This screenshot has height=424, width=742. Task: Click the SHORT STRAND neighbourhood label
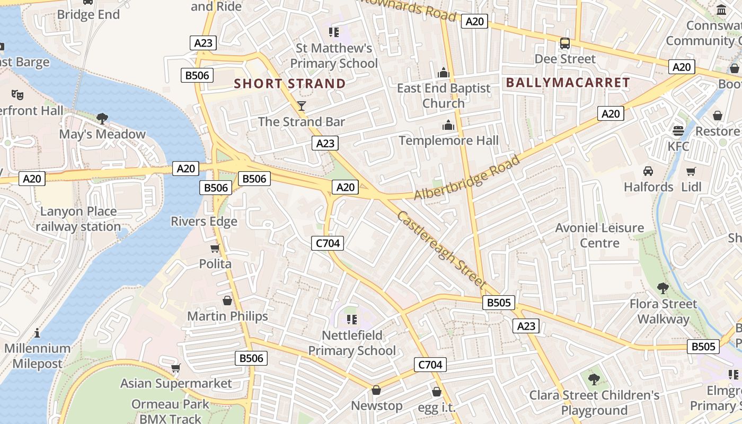coord(290,84)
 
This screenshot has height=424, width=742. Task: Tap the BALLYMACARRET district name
coord(568,83)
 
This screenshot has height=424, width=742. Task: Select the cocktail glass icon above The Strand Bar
coord(302,106)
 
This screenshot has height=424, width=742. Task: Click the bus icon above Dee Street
coord(565,43)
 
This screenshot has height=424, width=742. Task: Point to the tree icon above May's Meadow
coord(102,118)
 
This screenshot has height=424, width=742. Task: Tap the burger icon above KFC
coord(678,130)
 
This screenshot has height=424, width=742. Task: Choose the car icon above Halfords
coord(648,171)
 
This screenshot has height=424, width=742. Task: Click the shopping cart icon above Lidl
coord(691,171)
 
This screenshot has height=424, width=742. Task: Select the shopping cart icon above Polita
coord(215,248)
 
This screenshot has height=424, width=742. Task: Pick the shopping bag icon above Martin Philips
coord(227,301)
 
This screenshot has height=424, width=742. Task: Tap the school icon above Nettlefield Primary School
coord(351,319)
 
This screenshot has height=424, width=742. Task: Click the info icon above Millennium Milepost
coord(37,333)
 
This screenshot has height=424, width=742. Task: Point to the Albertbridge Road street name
coord(466,178)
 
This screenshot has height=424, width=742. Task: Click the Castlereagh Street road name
coord(441,249)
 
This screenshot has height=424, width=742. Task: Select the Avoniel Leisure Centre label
coord(599,235)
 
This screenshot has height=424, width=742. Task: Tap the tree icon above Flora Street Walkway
coord(662,288)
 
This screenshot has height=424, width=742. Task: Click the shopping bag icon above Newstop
coord(376,391)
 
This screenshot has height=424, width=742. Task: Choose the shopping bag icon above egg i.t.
coord(437,392)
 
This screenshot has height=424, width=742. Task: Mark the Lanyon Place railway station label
coord(78,219)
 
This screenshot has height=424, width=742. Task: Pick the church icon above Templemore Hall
coord(448,126)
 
